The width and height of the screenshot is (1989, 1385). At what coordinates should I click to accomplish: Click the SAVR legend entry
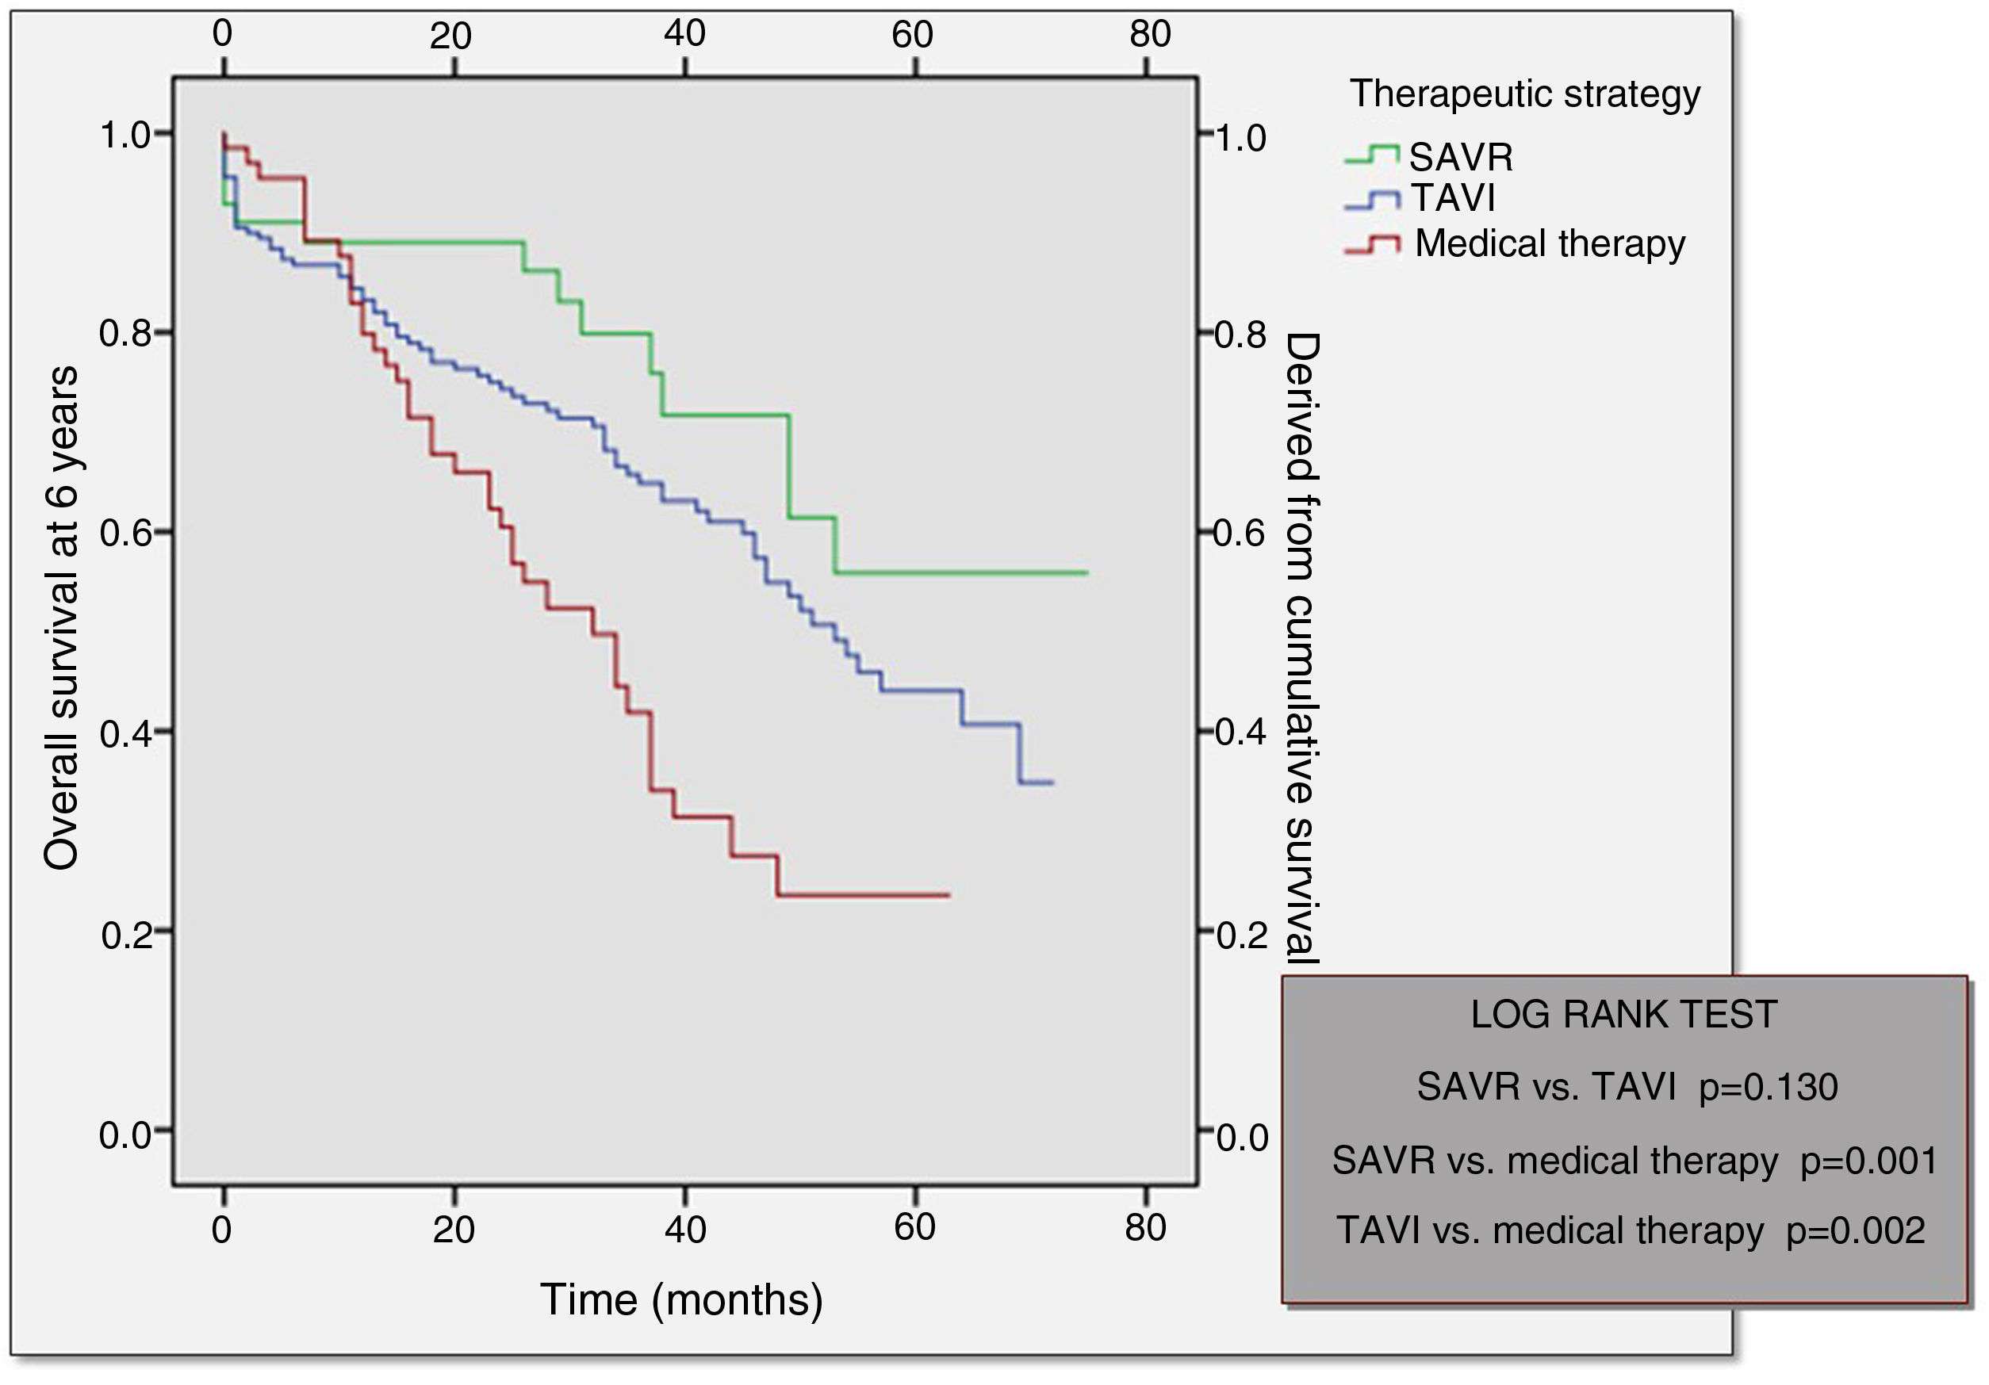tap(1461, 158)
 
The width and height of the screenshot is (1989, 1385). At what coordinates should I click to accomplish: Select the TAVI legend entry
tap(1453, 198)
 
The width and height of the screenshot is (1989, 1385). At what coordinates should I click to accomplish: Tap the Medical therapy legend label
tap(1549, 243)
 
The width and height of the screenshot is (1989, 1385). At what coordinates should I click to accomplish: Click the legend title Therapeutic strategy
tap(1525, 94)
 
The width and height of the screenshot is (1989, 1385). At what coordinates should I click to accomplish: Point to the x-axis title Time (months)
tap(681, 1299)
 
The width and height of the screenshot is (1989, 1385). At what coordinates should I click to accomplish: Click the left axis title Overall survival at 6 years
tap(62, 617)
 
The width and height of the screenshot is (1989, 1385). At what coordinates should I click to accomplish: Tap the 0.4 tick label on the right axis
tap(1240, 733)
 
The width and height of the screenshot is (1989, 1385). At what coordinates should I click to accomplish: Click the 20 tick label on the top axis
tap(450, 36)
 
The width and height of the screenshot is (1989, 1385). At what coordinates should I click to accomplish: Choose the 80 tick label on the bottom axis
tap(1145, 1227)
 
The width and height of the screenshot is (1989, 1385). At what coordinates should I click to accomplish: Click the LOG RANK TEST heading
tap(1623, 1014)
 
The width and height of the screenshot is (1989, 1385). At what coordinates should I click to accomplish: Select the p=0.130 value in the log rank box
tap(1768, 1087)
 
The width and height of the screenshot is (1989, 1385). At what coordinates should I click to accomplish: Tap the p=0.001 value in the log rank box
tap(1868, 1161)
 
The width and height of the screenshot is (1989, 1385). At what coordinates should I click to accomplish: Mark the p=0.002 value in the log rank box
tap(1856, 1231)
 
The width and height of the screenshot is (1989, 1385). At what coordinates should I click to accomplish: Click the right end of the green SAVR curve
tap(1086, 572)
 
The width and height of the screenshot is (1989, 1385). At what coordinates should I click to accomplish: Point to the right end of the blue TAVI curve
tap(1052, 783)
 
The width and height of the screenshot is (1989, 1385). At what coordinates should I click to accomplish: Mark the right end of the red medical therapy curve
tap(949, 895)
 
